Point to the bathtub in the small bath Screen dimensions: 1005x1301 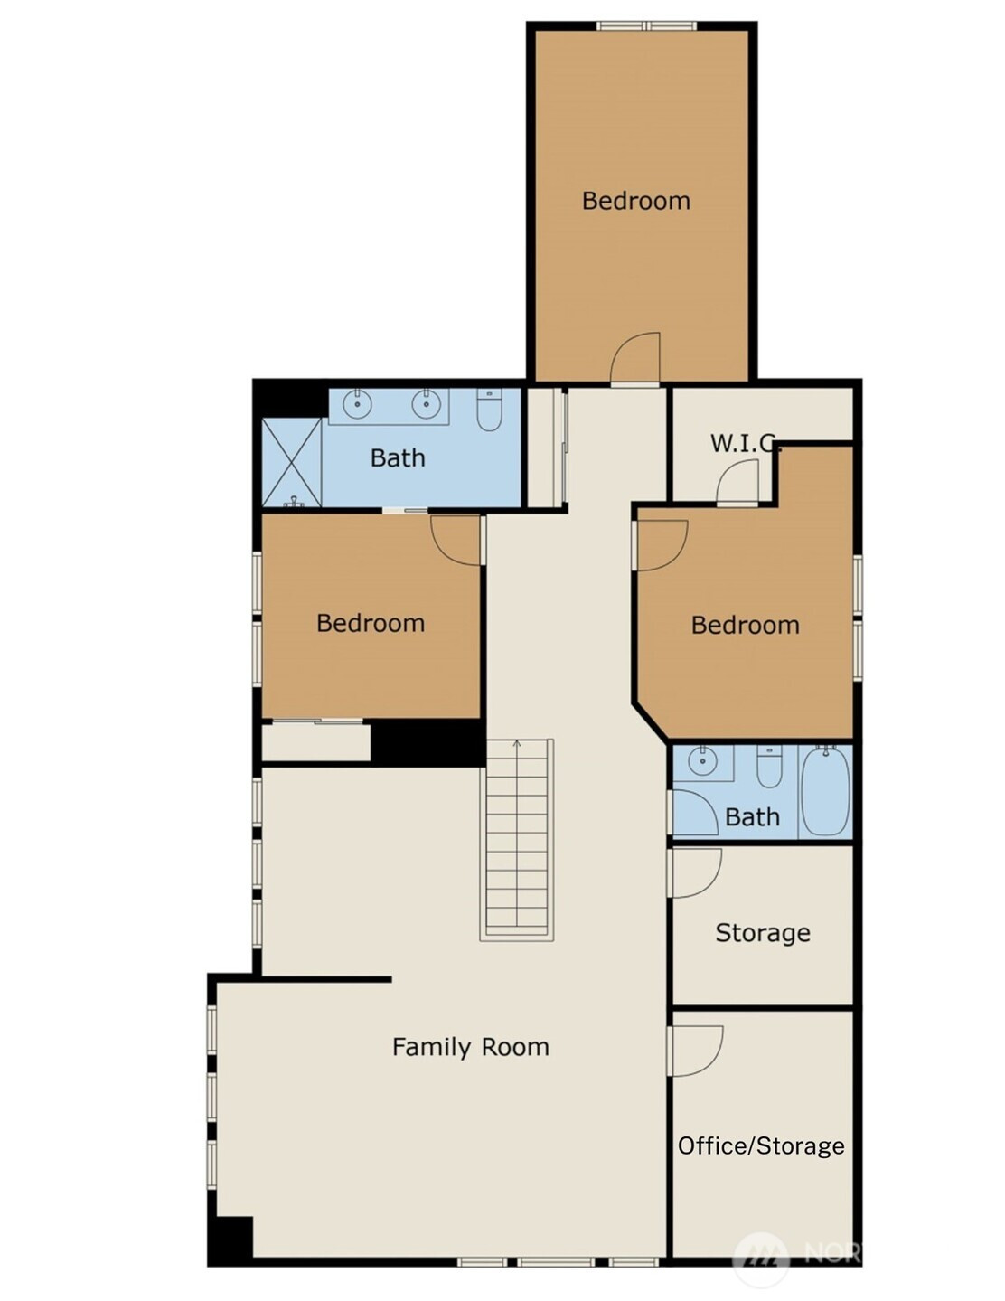click(x=825, y=790)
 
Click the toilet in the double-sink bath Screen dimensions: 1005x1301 click(x=490, y=411)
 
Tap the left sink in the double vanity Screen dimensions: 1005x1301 click(x=357, y=405)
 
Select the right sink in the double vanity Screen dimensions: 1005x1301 click(x=426, y=405)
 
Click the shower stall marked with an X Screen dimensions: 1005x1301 click(x=293, y=462)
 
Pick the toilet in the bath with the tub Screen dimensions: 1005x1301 click(x=769, y=768)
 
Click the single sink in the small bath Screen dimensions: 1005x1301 click(x=703, y=762)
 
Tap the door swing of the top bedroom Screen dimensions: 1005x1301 click(x=635, y=357)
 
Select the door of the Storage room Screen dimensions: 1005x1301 click(x=695, y=872)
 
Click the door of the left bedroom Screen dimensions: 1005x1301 click(x=456, y=540)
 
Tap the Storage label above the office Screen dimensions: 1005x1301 click(x=763, y=933)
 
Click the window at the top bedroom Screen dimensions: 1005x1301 click(x=647, y=25)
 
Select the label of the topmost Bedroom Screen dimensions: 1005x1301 click(x=636, y=201)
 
